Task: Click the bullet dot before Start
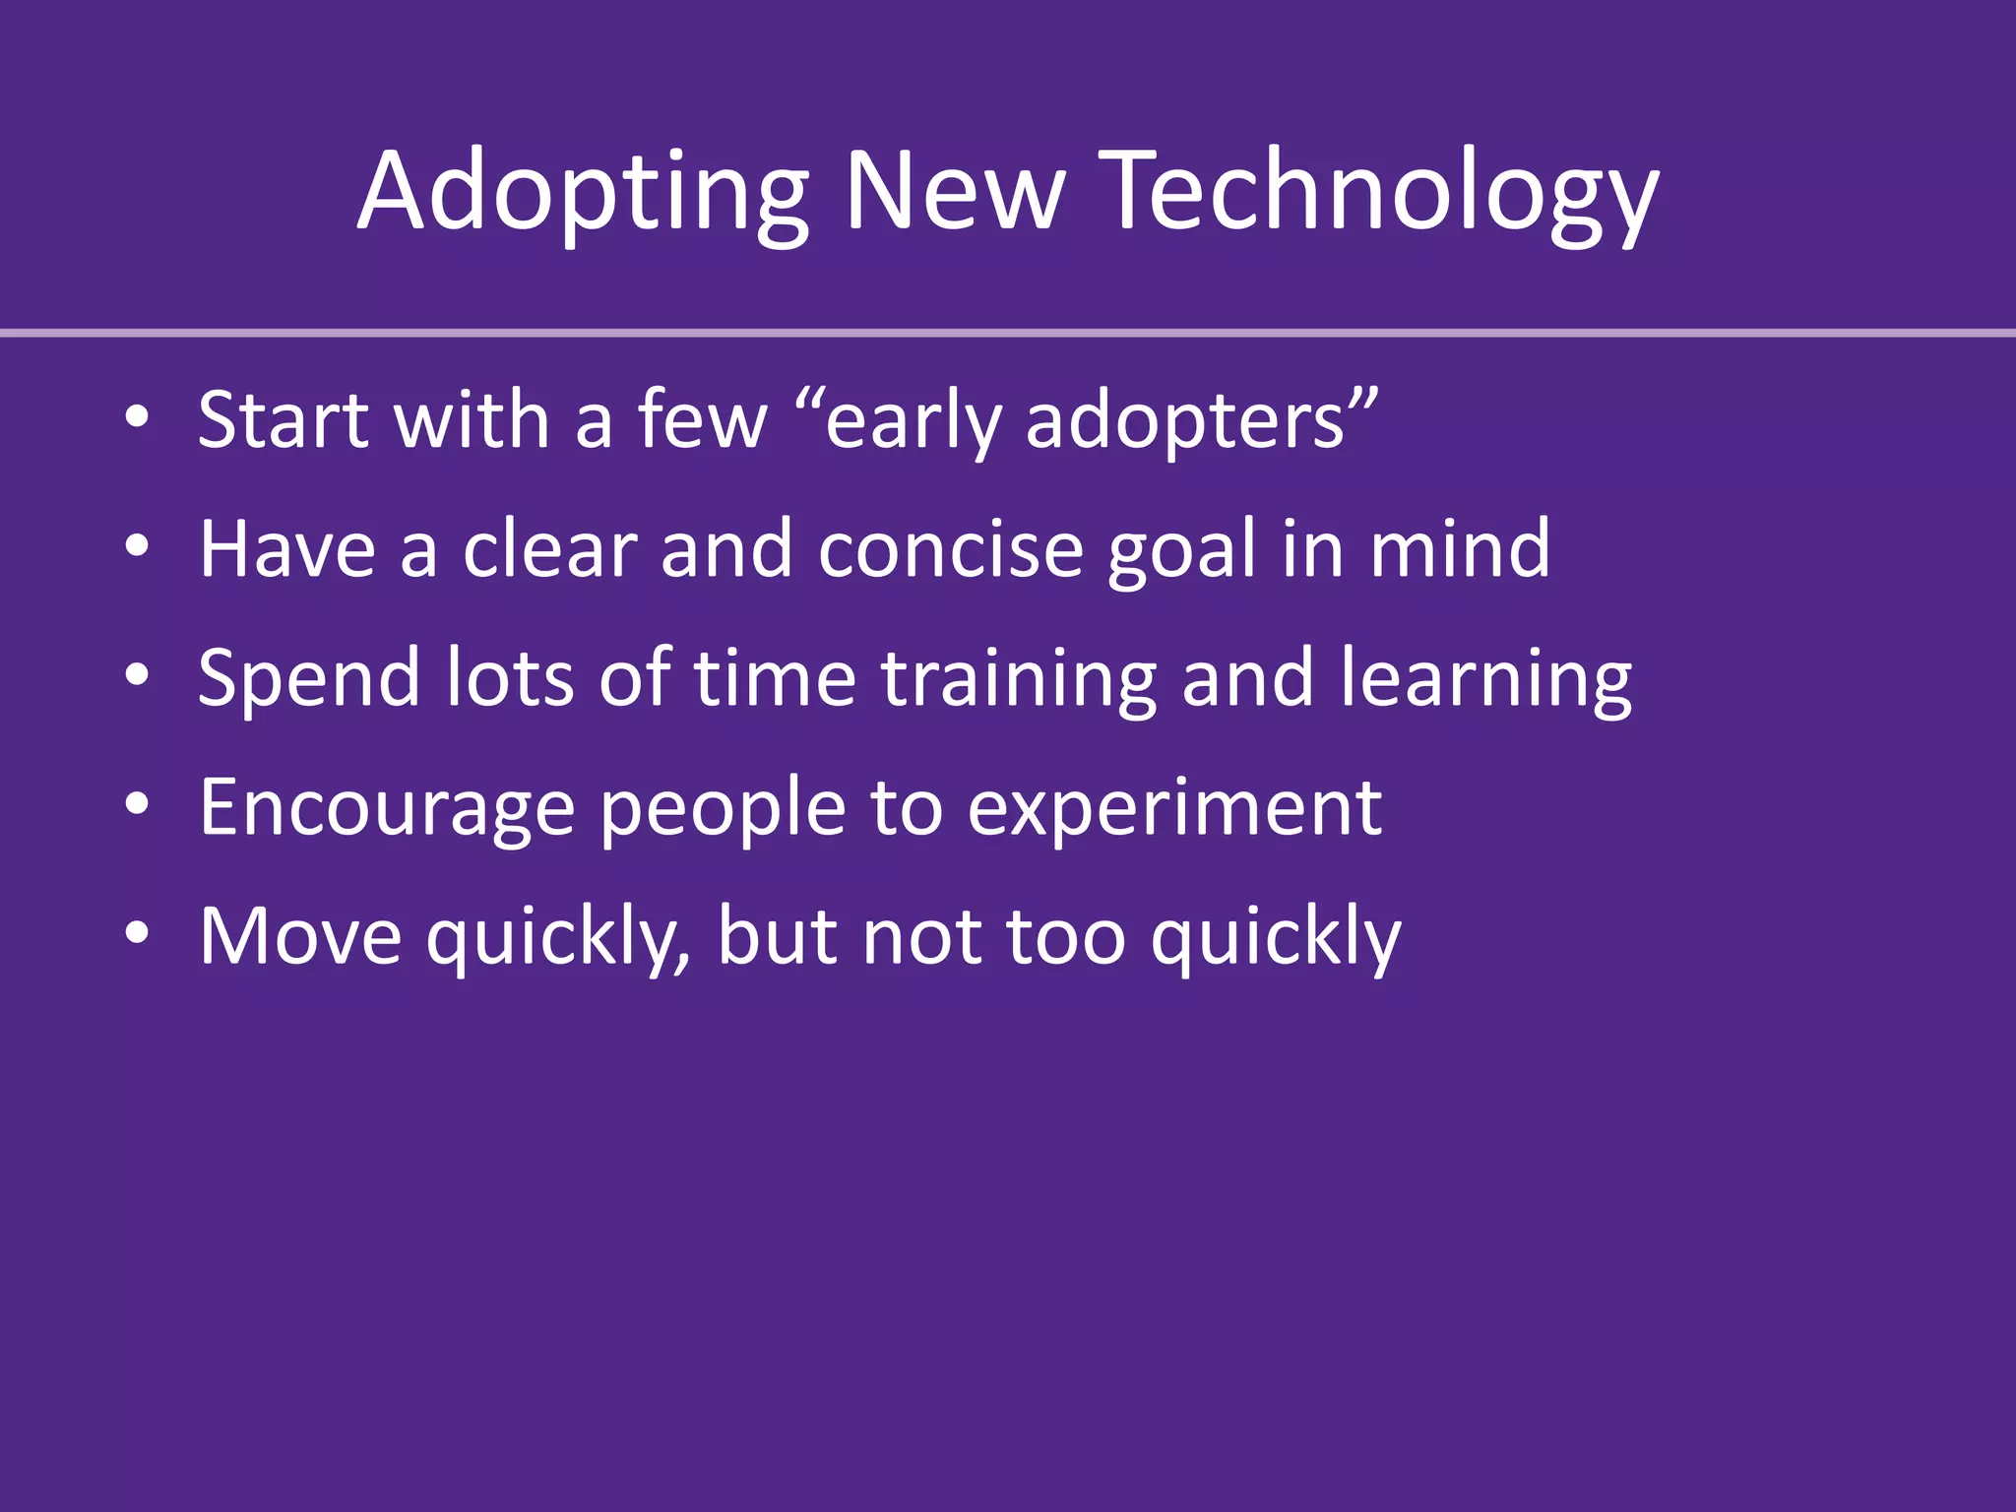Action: click(x=137, y=417)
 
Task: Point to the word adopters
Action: click(x=1186, y=421)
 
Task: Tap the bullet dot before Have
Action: click(x=137, y=546)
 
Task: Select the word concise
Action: click(x=950, y=549)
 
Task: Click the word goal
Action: click(x=1181, y=551)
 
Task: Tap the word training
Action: click(x=1018, y=679)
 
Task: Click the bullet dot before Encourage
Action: click(x=137, y=804)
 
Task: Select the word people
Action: click(x=723, y=809)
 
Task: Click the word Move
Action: click(x=300, y=936)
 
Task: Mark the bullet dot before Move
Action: click(x=137, y=933)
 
